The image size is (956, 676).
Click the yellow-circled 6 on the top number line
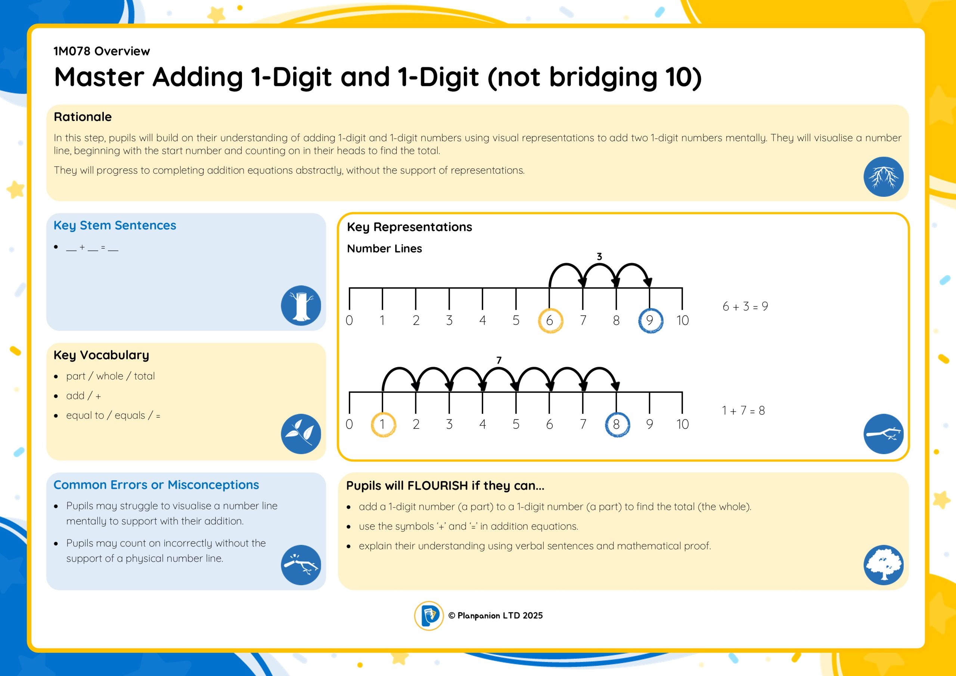[x=550, y=320]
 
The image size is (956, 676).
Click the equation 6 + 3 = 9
[x=745, y=307]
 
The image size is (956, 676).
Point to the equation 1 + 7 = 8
[x=743, y=411]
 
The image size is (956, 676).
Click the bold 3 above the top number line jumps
[x=599, y=257]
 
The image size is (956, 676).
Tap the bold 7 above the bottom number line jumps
[x=499, y=360]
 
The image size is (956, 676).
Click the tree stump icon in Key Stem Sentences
[x=301, y=305]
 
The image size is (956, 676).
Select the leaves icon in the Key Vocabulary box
[x=301, y=434]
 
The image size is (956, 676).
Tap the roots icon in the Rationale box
[x=884, y=177]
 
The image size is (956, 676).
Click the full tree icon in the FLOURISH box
[x=884, y=565]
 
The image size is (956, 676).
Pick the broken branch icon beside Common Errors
[x=301, y=565]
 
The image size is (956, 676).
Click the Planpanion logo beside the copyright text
[x=429, y=615]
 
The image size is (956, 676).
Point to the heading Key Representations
[x=409, y=227]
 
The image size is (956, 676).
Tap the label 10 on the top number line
[x=682, y=320]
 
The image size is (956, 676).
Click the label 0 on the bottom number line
[x=349, y=424]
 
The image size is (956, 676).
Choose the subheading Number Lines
[x=384, y=249]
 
